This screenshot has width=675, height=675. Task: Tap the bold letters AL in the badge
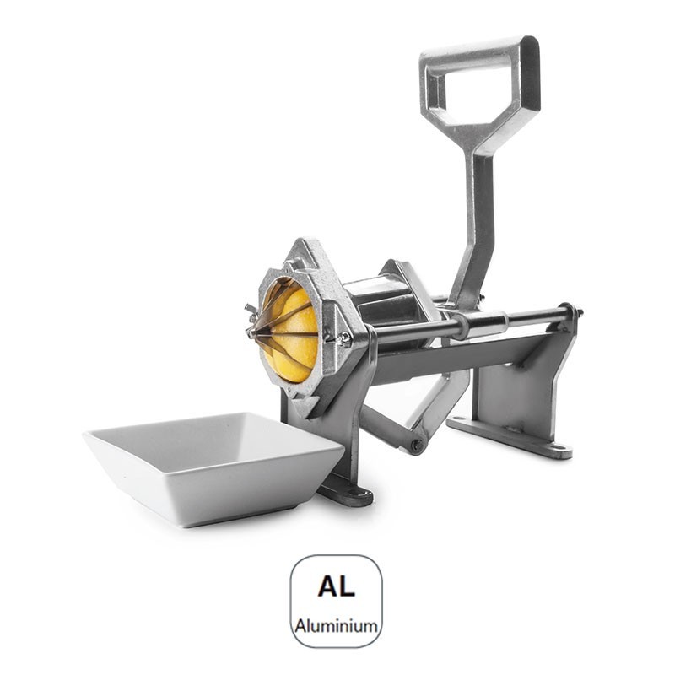pyautogui.click(x=336, y=586)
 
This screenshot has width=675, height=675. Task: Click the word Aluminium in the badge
pyautogui.click(x=336, y=625)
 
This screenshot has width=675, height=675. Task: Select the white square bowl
pyautogui.click(x=213, y=467)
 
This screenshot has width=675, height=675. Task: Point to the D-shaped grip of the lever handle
pyautogui.click(x=480, y=82)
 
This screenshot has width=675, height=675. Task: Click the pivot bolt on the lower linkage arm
pyautogui.click(x=416, y=445)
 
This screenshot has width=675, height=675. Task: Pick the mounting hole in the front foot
pyautogui.click(x=357, y=493)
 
